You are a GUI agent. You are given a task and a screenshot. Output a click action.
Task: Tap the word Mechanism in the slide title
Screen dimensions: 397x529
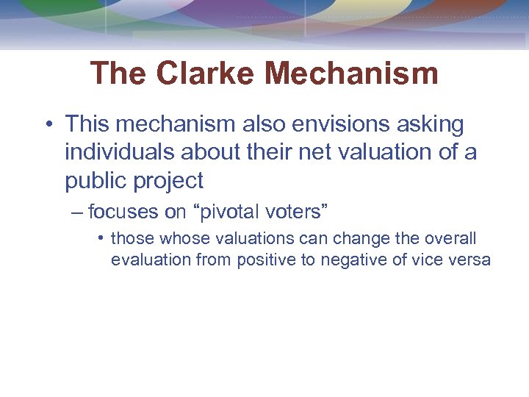click(352, 74)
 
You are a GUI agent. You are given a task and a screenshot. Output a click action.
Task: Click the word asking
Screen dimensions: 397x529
click(433, 125)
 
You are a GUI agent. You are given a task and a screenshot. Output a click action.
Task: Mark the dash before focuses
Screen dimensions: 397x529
click(78, 212)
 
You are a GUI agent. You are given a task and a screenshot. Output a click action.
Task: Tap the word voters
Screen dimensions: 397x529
click(298, 212)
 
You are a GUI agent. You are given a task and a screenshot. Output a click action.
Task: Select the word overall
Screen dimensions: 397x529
click(448, 239)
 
